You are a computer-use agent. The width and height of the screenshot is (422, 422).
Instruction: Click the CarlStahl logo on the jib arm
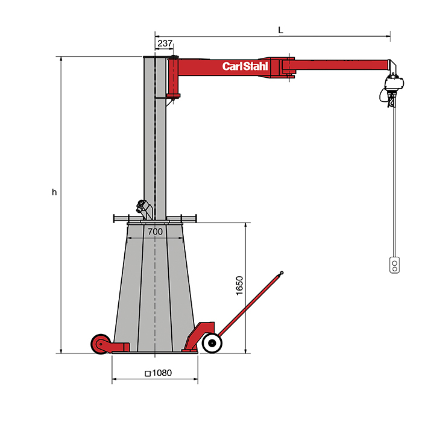[x=245, y=66]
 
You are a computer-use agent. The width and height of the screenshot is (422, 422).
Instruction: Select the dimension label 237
[x=165, y=43]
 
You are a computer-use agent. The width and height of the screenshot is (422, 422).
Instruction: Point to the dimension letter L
[x=281, y=30]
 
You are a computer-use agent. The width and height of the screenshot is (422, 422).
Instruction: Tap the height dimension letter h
[x=54, y=192]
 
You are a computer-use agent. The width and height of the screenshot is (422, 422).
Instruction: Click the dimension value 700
[x=156, y=231]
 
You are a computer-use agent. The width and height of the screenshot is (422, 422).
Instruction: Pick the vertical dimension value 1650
[x=239, y=286]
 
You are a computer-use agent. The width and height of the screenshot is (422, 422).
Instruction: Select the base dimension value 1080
[x=162, y=373]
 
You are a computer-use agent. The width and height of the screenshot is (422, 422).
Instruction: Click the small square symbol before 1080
[x=148, y=374]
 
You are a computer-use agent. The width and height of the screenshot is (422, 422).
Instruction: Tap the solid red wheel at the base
[x=101, y=344]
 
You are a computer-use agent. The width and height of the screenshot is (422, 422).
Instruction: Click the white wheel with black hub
[x=212, y=343]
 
